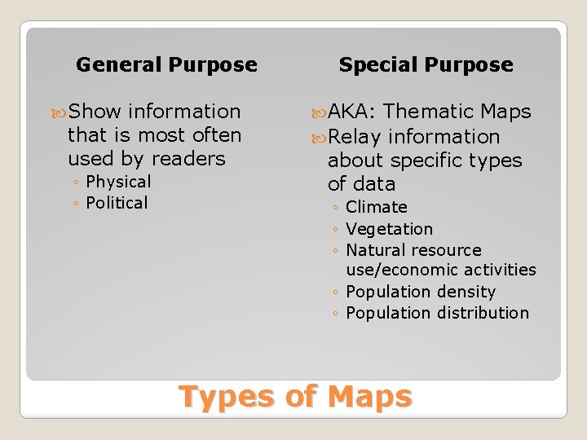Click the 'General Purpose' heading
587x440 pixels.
click(166, 65)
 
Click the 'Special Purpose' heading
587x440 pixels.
click(426, 65)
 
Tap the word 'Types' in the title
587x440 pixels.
click(227, 397)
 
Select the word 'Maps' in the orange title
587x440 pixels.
click(370, 397)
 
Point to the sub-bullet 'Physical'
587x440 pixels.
click(118, 182)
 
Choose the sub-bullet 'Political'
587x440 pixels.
click(117, 203)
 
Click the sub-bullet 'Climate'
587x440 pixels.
click(376, 208)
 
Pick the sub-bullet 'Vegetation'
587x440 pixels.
click(389, 229)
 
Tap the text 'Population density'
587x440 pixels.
click(421, 292)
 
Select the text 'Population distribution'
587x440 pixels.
click(437, 313)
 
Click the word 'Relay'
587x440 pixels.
click(355, 137)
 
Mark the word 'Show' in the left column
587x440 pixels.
click(95, 112)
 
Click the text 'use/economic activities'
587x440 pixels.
click(441, 270)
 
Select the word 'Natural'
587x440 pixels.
click(375, 250)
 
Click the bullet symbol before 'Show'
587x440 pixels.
click(59, 112)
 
